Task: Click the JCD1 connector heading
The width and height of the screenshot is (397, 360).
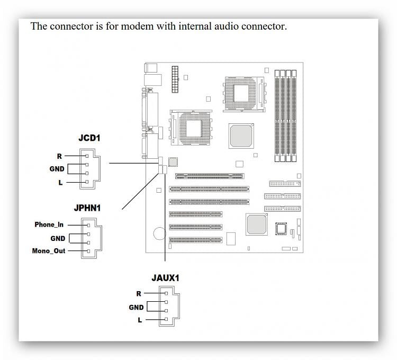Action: coord(89,138)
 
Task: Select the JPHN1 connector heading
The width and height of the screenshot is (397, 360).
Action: coord(87,208)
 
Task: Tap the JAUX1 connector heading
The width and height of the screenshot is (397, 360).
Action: coord(165,278)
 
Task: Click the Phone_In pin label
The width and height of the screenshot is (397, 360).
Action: coord(49,224)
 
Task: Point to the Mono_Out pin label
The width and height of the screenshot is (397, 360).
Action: coord(49,251)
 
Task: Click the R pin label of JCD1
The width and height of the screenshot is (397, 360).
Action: coord(59,156)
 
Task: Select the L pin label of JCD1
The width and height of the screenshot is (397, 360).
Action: coord(60,183)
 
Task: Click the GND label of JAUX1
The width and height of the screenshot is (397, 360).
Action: coord(136,308)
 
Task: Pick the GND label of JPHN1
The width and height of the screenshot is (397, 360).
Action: coord(58,238)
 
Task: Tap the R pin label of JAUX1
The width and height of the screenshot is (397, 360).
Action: coord(139,294)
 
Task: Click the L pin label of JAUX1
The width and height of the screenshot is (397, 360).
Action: coord(140,320)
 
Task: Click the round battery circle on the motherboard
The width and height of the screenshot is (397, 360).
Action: coord(154,233)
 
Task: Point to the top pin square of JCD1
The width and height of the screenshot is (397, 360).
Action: coord(87,156)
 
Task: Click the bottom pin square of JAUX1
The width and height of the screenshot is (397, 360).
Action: coord(166,319)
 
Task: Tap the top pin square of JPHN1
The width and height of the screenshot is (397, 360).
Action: coord(88,226)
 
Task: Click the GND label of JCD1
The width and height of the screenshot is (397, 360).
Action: coord(57,169)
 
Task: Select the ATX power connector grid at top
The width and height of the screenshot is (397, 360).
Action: coord(175,79)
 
